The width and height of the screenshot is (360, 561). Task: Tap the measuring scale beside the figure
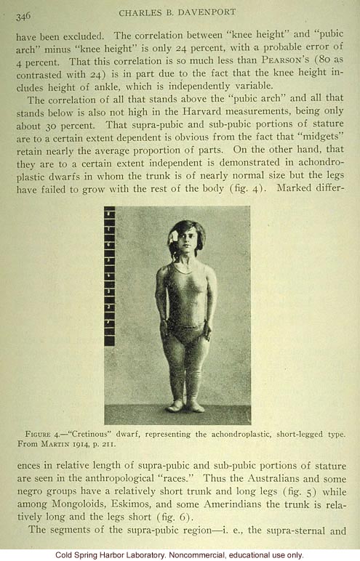click(x=109, y=276)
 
